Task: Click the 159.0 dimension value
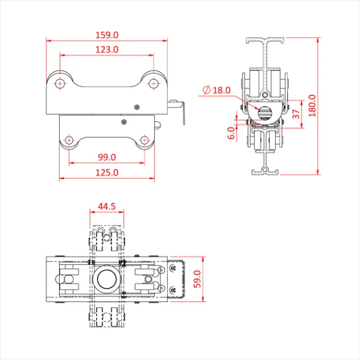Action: point(107,35)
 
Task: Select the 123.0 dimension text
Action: point(107,49)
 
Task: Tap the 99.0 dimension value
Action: point(107,157)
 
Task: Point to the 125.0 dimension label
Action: point(107,173)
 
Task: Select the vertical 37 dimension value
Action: point(296,113)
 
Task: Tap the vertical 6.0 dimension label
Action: point(231,133)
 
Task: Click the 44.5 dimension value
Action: point(107,206)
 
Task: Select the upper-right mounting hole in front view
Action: point(153,83)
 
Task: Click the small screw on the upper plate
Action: point(136,106)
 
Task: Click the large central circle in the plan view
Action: point(107,278)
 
